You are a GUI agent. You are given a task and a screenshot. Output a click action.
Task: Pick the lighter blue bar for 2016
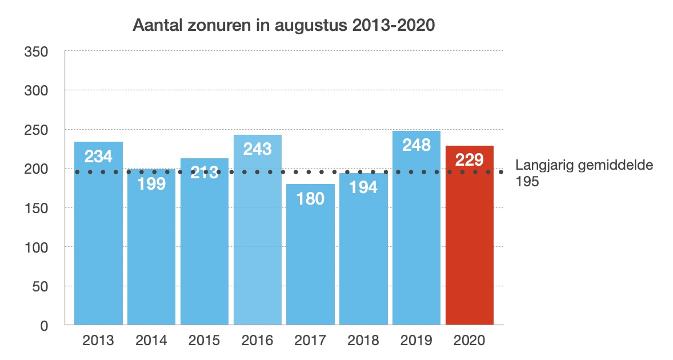pyautogui.click(x=258, y=240)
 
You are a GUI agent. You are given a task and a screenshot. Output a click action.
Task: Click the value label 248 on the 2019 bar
pyautogui.click(x=416, y=145)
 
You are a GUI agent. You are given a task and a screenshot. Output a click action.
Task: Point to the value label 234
pyautogui.click(x=98, y=156)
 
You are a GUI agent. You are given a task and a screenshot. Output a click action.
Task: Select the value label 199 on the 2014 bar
pyautogui.click(x=151, y=183)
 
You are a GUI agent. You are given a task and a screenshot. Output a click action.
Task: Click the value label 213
pyautogui.click(x=205, y=172)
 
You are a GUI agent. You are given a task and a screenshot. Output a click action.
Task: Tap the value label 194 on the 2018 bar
pyautogui.click(x=363, y=186)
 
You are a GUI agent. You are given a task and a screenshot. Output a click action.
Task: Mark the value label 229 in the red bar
pyautogui.click(x=470, y=160)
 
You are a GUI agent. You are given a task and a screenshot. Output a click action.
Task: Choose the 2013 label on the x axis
pyautogui.click(x=98, y=341)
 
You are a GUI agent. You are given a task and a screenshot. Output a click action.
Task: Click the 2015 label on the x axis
pyautogui.click(x=205, y=341)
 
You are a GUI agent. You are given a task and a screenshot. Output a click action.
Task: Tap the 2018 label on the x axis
pyautogui.click(x=363, y=341)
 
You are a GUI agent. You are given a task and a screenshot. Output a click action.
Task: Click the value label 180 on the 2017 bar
pyautogui.click(x=310, y=198)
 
